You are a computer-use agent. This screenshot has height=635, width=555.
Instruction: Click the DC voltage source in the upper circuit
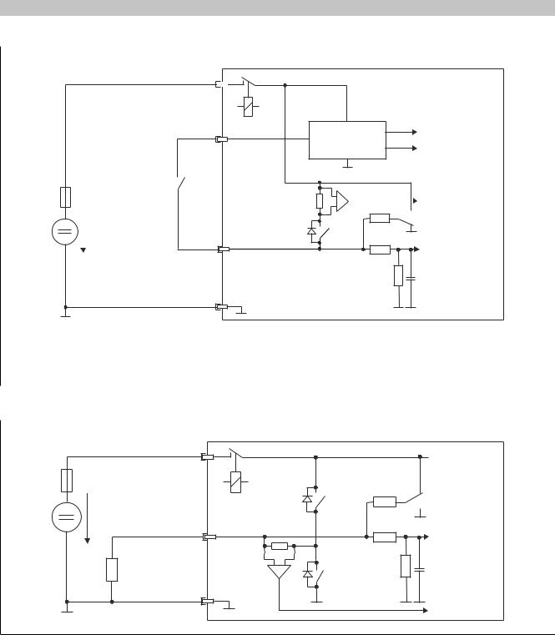(x=65, y=231)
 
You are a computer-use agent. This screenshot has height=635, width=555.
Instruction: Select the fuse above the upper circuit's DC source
(x=65, y=197)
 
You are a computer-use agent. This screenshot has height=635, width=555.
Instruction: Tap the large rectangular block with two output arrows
(x=347, y=139)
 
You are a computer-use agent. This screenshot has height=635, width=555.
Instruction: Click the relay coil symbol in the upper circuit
(x=248, y=108)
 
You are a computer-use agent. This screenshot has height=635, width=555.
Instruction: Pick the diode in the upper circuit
(x=311, y=230)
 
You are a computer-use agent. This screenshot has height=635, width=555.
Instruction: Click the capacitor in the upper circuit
(x=411, y=276)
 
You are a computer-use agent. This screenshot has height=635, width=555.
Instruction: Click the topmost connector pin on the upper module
(x=219, y=84)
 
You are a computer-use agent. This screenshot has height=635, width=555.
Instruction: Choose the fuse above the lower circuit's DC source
(x=65, y=481)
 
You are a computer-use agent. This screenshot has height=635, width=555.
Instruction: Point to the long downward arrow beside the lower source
(x=87, y=517)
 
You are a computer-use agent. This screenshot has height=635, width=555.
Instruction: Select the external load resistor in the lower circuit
(x=112, y=569)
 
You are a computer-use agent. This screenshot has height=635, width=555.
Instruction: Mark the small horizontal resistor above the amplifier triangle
(x=280, y=546)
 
